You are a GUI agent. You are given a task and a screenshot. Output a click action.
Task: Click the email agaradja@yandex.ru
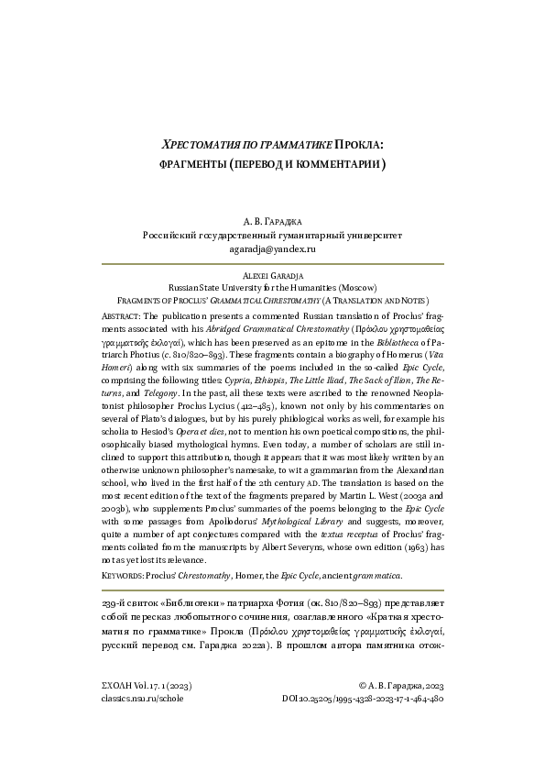click(272, 248)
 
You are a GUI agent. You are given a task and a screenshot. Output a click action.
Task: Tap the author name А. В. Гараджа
click(272, 221)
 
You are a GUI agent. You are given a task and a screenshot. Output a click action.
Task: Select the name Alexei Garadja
click(272, 274)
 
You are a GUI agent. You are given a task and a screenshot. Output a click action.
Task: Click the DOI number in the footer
click(365, 723)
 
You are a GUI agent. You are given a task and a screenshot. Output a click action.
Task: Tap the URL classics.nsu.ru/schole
click(142, 723)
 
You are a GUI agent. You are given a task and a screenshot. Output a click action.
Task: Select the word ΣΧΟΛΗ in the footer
click(116, 711)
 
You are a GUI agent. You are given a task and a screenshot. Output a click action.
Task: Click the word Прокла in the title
click(359, 145)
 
